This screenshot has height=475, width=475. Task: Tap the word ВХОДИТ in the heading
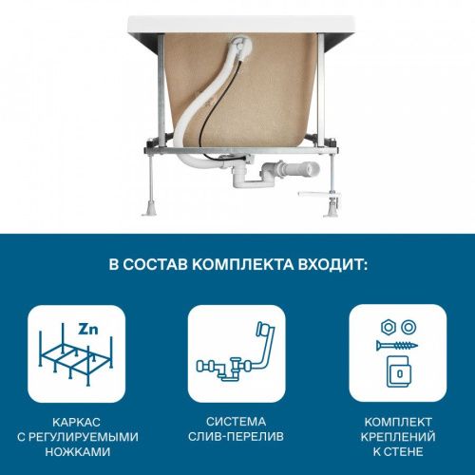pyautogui.click(x=333, y=263)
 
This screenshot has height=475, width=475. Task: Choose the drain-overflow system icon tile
pyautogui.click(x=237, y=353)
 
